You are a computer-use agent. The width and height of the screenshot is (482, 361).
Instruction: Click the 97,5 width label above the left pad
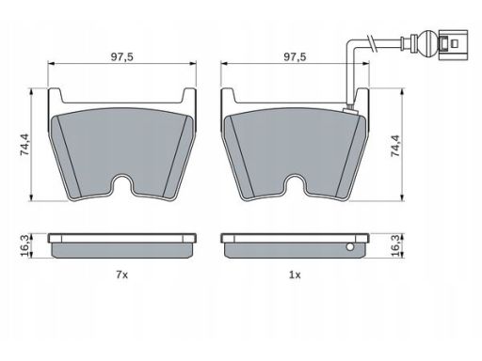coord(122,57)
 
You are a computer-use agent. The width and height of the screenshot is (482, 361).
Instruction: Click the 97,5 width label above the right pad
coord(295,57)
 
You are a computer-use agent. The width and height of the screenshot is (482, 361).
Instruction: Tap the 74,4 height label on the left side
coord(24,145)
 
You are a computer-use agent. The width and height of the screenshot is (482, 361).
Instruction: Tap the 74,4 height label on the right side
coord(395,146)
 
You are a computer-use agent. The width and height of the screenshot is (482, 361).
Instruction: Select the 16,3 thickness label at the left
coord(24,245)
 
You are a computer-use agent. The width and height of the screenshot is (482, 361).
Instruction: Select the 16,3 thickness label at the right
coord(395,245)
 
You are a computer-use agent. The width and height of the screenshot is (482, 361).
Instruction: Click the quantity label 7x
coord(122,275)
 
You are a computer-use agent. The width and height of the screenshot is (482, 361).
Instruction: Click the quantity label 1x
coord(295,275)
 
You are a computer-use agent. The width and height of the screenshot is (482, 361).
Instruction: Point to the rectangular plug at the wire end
coord(453,44)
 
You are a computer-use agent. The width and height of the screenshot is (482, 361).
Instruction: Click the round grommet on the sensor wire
coord(427,44)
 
